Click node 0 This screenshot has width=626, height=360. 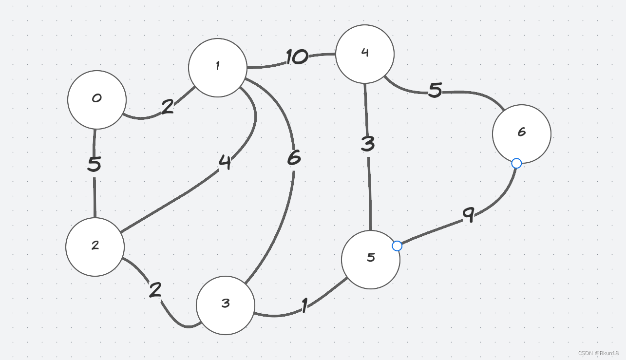point(97,100)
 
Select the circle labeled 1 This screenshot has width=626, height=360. point(218,68)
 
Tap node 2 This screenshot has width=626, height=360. point(95,247)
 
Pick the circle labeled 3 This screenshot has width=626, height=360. point(226,305)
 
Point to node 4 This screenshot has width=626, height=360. point(365,54)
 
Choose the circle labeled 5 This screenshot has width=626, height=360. point(371,260)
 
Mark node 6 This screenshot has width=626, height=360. point(522,134)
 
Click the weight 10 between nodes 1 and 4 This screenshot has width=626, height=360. point(297,57)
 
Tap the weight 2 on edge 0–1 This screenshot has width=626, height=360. point(167,107)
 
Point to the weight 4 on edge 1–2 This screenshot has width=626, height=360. point(225,162)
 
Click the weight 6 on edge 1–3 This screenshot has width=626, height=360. point(294,158)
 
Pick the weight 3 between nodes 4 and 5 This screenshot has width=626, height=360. point(368,144)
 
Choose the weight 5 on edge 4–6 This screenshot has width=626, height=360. point(435,90)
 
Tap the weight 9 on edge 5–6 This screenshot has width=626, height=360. point(468,214)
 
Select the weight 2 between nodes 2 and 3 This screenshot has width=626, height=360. point(155,290)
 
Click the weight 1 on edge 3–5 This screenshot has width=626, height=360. point(304,306)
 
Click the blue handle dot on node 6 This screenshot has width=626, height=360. point(517,164)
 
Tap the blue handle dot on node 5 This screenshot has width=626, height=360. point(397,246)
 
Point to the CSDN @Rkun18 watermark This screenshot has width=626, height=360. point(598,353)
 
